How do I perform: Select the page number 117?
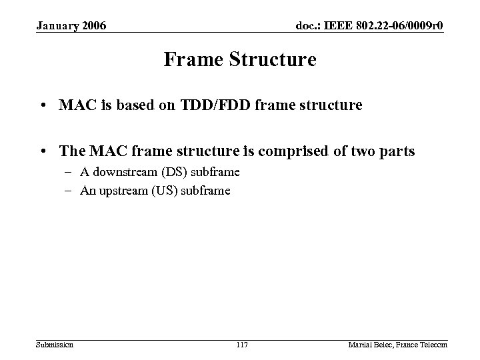coord(242,343)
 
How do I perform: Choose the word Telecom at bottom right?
coord(434,343)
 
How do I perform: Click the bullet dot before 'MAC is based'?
coord(43,105)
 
